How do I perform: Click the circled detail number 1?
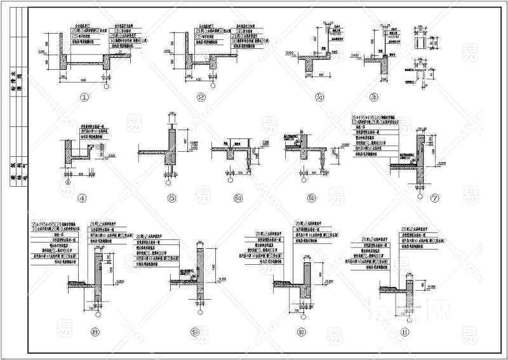tap(83, 98)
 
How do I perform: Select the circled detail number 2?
tap(201, 98)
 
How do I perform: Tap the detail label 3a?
tap(319, 98)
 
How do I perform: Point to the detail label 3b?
tap(375, 98)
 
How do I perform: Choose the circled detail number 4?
tap(82, 198)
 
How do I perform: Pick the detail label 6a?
tap(239, 198)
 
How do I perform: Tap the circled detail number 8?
tap(95, 331)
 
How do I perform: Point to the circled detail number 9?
tap(195, 331)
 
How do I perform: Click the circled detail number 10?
tap(302, 331)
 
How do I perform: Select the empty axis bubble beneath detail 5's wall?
tap(168, 183)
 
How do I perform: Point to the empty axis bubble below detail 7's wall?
tap(418, 188)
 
